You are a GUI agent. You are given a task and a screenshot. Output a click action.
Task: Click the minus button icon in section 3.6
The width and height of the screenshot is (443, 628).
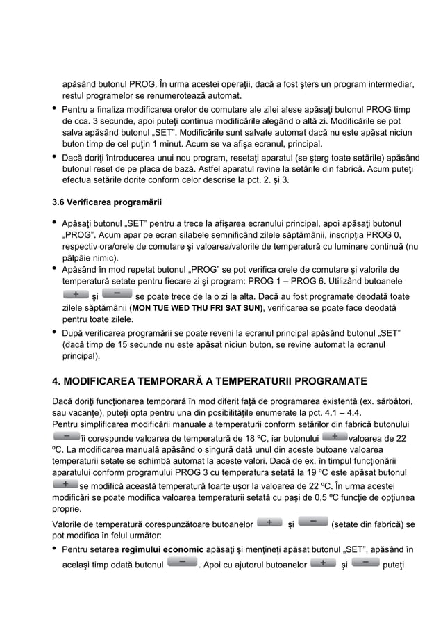[117, 295]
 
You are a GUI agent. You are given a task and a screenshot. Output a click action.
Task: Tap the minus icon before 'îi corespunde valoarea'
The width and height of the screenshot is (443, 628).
[66, 436]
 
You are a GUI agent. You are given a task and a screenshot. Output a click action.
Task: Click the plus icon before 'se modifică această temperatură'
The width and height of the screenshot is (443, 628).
[66, 483]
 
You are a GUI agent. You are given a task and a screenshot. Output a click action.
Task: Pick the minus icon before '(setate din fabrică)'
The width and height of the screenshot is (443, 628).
[313, 522]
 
